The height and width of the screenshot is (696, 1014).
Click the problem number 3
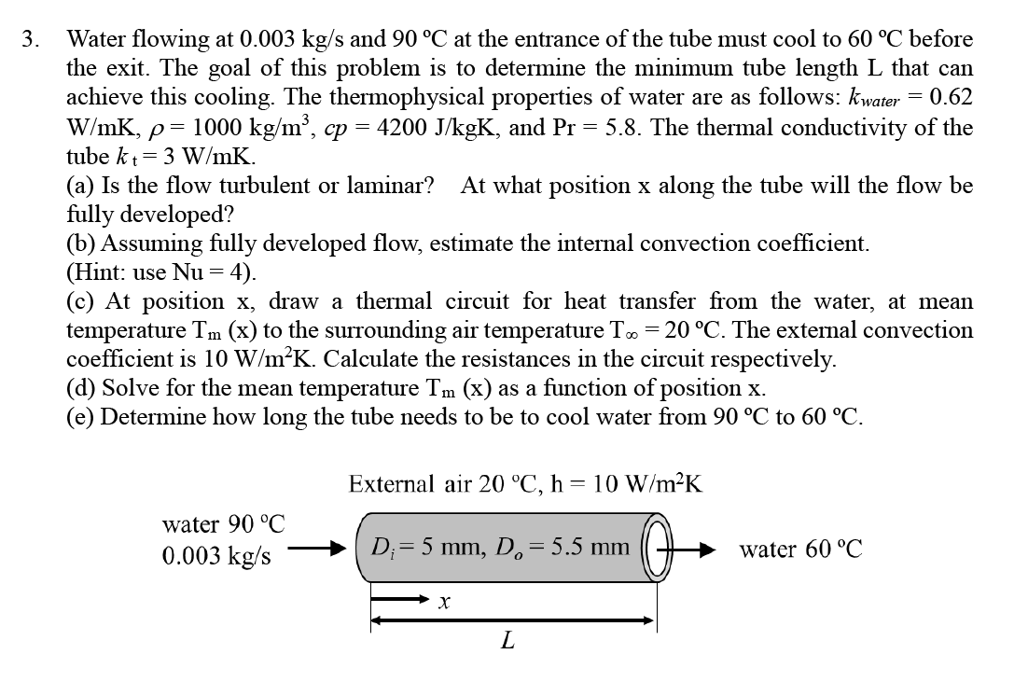(x=32, y=40)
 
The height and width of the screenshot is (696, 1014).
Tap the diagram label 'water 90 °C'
(x=224, y=525)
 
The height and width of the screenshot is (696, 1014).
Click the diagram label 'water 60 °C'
(x=800, y=550)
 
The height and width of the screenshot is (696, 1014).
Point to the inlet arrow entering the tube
(x=318, y=550)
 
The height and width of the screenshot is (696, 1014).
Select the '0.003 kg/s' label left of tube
(x=217, y=556)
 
